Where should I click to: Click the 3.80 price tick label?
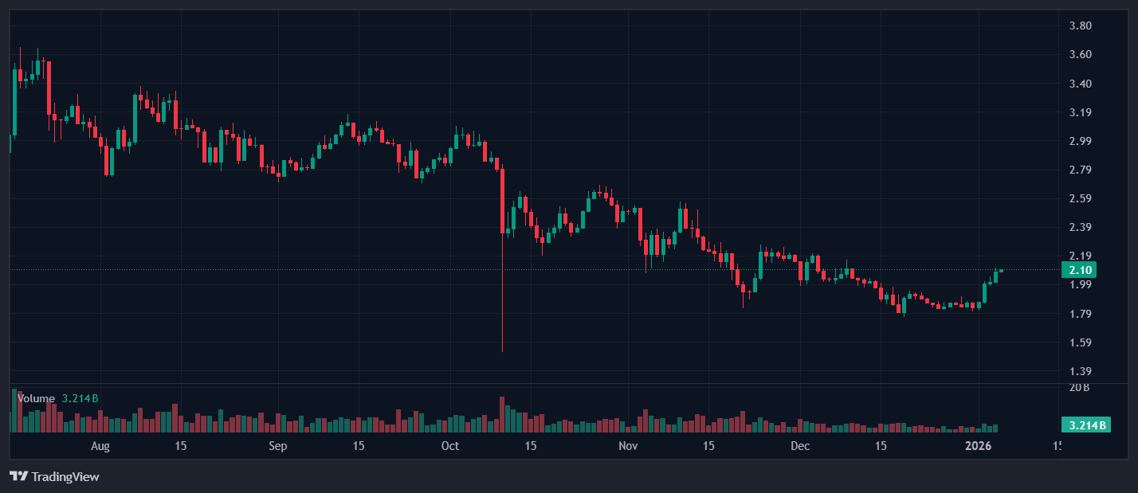[1080, 25]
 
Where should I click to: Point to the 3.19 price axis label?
[1080, 112]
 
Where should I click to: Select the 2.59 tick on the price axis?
[1080, 198]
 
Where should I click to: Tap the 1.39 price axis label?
[1080, 371]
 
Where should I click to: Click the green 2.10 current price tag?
[1080, 270]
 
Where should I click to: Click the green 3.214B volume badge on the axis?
[1085, 425]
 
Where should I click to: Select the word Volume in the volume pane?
[36, 398]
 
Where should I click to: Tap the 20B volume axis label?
[1079, 388]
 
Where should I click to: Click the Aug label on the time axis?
[100, 446]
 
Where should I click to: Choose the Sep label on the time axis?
[277, 446]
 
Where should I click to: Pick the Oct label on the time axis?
[450, 446]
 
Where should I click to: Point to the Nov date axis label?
[629, 446]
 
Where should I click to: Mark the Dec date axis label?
[800, 446]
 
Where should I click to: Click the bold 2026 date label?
[978, 446]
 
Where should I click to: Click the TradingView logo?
[54, 476]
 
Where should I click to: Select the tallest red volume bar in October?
[502, 414]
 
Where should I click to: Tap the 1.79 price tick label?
[1080, 314]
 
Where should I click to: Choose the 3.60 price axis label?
[1080, 54]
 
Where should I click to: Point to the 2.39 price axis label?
[1080, 227]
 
